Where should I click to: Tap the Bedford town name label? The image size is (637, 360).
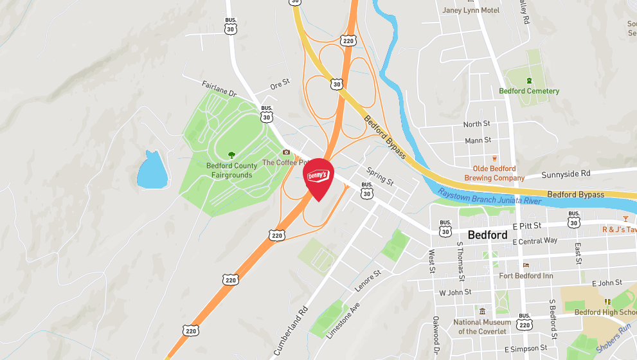487,235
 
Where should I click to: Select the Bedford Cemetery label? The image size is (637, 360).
529,91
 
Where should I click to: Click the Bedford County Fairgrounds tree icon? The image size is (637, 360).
231,154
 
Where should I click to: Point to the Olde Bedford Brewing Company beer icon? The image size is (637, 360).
494,157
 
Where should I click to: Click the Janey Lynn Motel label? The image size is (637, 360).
471,10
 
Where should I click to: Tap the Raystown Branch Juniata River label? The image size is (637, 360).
489,197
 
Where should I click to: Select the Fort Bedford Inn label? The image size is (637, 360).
526,276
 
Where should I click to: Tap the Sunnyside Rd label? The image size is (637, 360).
566,174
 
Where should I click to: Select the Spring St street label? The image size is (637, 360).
380,175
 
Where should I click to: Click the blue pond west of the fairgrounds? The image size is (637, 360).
152,171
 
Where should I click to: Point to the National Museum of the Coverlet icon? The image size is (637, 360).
482,311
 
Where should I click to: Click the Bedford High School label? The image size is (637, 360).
604,312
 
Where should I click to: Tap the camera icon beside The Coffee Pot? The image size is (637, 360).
287,152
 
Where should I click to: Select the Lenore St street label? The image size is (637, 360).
368,280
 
